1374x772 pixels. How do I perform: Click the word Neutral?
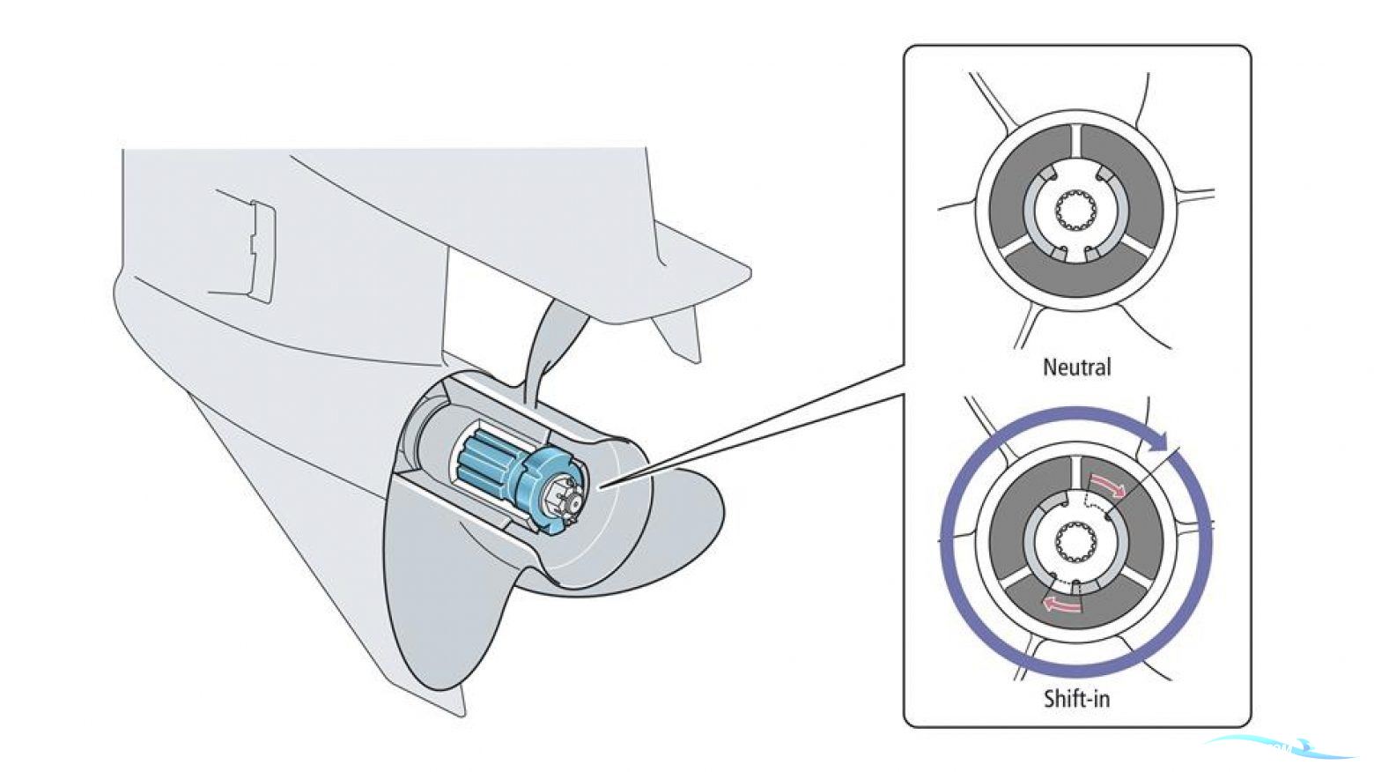coord(1076,367)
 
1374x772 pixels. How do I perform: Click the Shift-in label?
coord(1076,699)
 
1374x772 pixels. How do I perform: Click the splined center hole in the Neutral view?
coord(1076,212)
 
